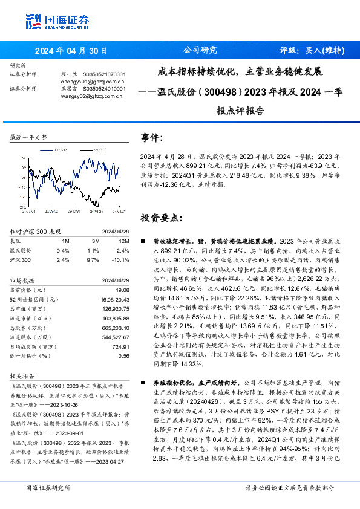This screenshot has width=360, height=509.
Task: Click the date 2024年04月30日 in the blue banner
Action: click(x=72, y=51)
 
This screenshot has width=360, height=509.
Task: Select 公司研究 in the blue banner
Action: click(x=200, y=51)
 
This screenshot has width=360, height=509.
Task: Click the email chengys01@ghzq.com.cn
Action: click(x=93, y=80)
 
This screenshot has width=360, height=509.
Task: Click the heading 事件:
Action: click(x=152, y=137)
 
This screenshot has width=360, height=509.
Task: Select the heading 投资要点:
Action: click(x=161, y=217)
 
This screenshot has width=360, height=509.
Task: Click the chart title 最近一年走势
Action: click(x=28, y=138)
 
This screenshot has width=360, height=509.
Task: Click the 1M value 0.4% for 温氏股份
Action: click(x=62, y=250)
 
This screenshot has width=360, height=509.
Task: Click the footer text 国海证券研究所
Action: click(x=48, y=487)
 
